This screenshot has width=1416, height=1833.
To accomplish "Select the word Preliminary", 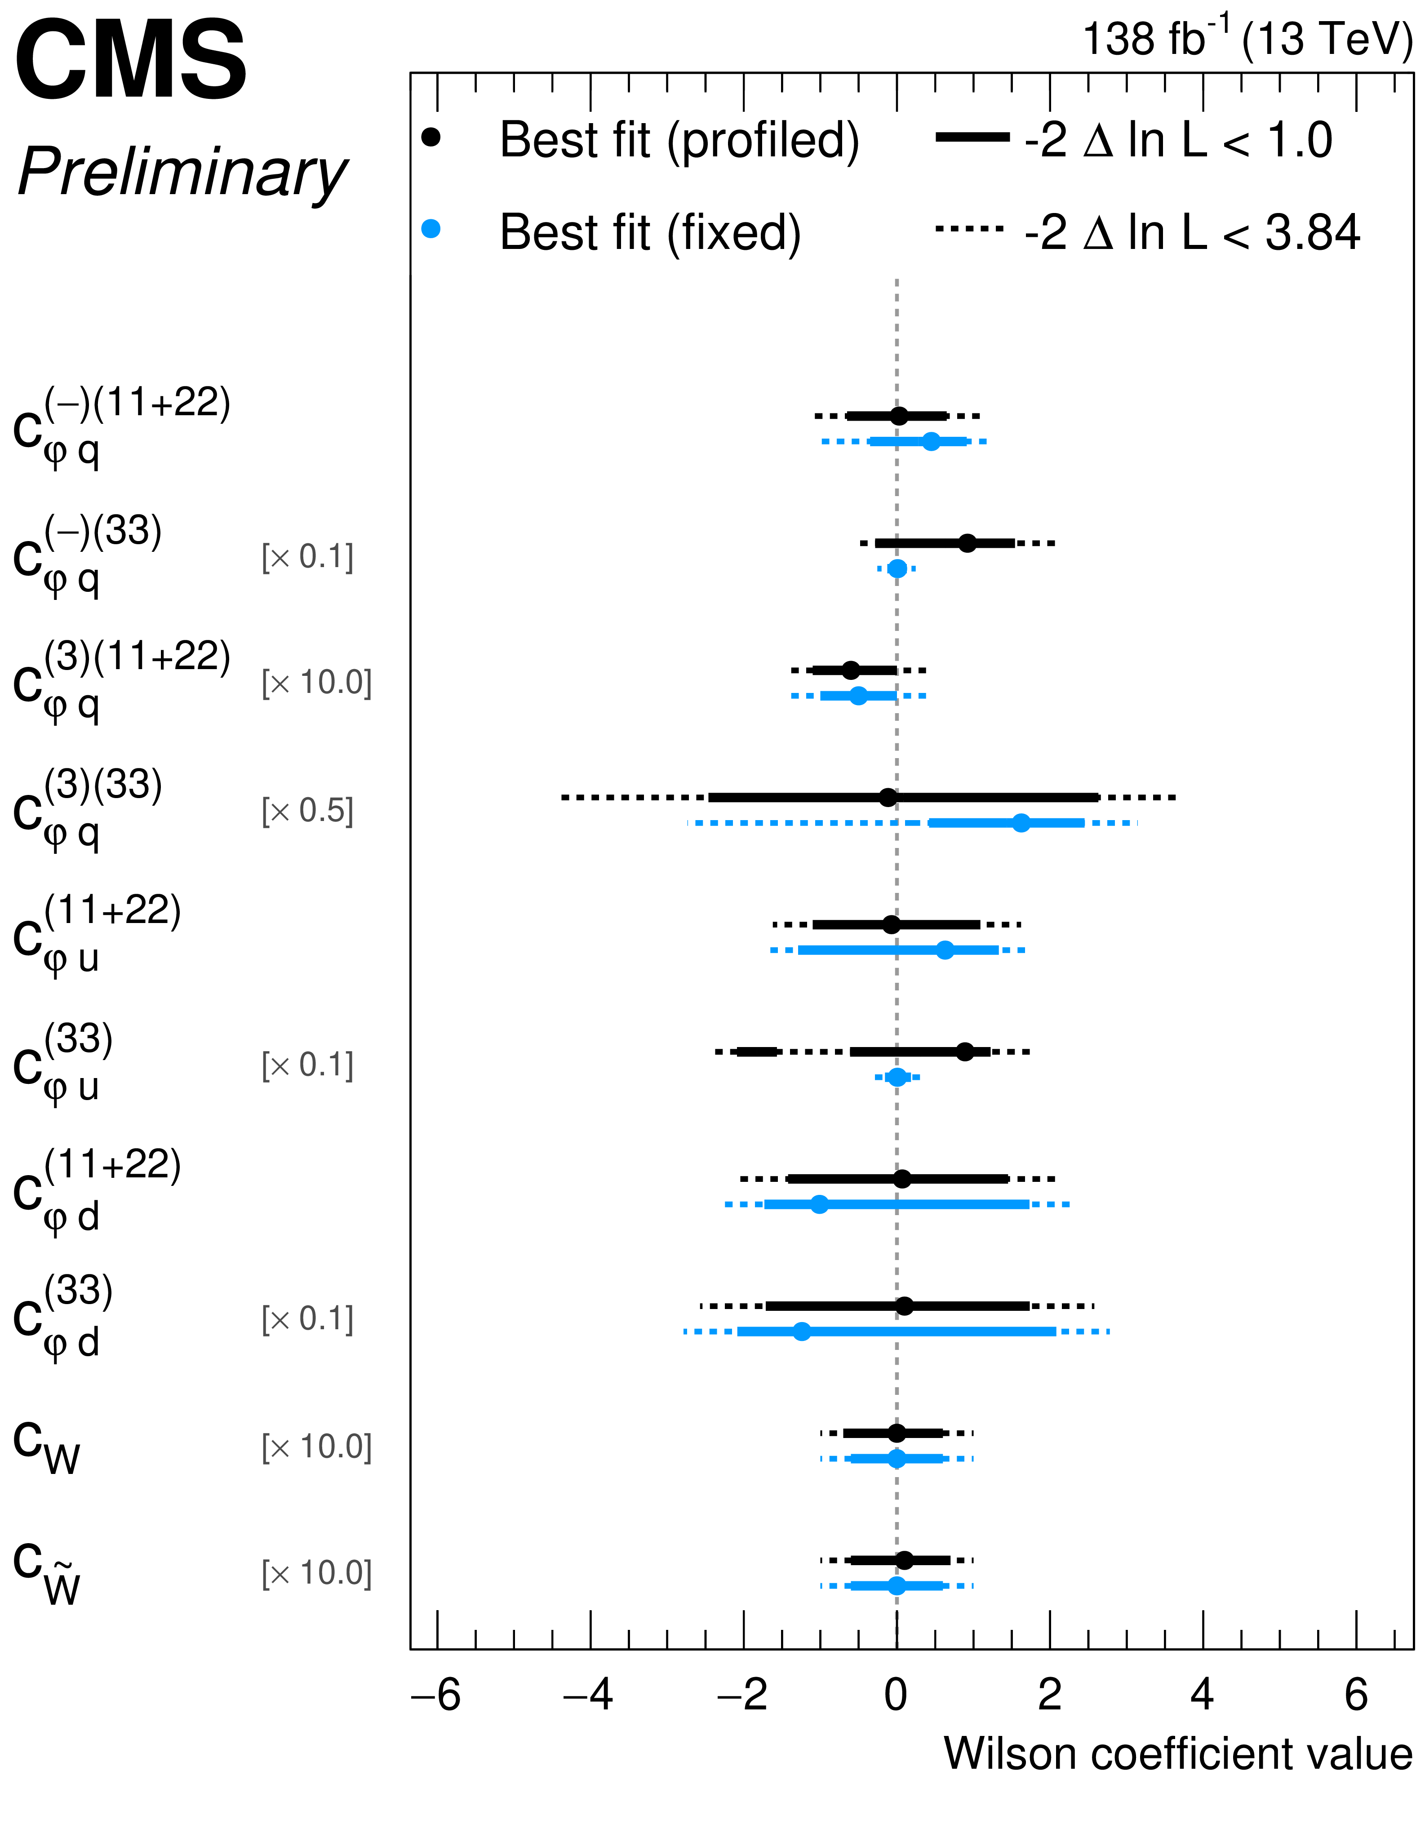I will coord(181,172).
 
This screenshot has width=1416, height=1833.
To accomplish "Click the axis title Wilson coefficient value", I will coord(1178,1754).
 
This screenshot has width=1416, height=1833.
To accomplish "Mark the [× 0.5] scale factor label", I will coord(307,811).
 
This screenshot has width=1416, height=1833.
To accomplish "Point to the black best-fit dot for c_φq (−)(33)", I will coord(967,543).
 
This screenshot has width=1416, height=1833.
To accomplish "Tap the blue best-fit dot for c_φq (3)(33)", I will coord(1021,822).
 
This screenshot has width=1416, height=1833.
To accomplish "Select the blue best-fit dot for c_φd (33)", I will coord(802,1331).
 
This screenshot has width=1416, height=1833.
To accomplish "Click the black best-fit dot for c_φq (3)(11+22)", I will coord(850,670).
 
